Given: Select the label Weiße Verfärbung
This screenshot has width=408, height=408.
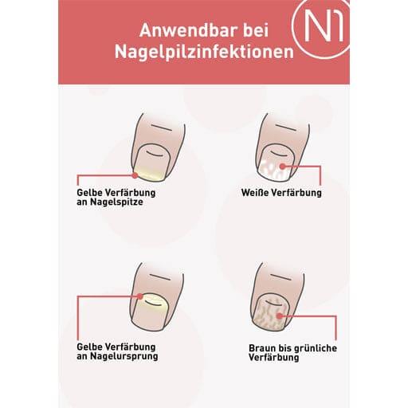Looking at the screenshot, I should [x=280, y=193].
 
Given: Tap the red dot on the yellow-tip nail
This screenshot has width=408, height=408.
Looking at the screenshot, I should [x=135, y=174].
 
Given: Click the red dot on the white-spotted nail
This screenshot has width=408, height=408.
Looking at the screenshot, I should [x=284, y=166].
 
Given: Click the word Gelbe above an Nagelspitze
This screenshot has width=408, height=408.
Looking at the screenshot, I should [x=90, y=192].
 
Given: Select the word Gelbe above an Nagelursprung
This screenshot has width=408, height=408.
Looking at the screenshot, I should [x=90, y=346].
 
